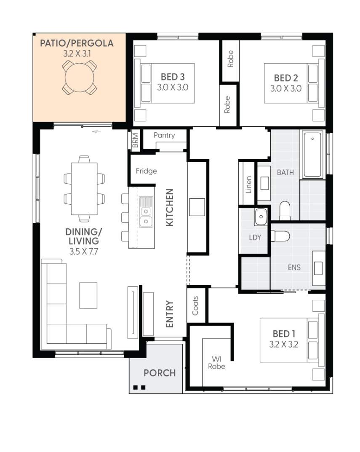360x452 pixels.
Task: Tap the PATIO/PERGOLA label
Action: coord(77,43)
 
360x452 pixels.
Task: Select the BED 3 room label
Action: coord(173,77)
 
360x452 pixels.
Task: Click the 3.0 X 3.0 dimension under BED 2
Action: coord(285,88)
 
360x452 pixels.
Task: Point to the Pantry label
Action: coord(164,135)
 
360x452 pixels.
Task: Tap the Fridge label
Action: coord(147,171)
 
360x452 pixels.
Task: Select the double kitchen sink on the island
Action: coord(146,212)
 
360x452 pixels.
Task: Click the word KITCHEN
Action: coord(170,207)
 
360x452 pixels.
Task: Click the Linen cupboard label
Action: coord(248,185)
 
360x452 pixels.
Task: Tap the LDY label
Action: coord(255,238)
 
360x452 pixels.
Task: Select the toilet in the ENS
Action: coord(280,236)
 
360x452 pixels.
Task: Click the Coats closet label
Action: coord(195,305)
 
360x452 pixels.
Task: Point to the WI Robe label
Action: coord(216,363)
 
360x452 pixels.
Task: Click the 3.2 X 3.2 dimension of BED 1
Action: coord(284,345)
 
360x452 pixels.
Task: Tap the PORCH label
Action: coord(160,373)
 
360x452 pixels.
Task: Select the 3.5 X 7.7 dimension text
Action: coord(84,251)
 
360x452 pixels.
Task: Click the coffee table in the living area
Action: coord(88,295)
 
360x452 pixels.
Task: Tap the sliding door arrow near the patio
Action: coord(97,132)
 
